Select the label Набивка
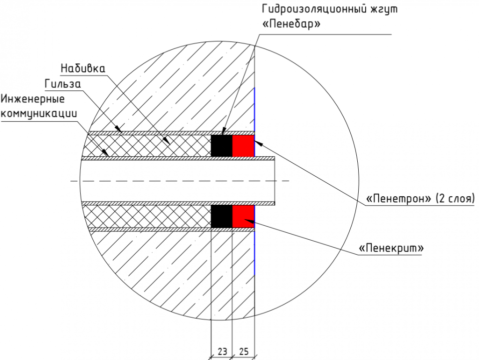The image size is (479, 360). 83,67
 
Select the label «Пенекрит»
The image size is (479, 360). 392,247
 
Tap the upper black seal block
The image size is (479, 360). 222,145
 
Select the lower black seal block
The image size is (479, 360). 222,216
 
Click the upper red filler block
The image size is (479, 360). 243,145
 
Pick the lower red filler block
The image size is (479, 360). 243,216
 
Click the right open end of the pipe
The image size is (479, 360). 276,181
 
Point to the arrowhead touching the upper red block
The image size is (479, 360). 258,142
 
